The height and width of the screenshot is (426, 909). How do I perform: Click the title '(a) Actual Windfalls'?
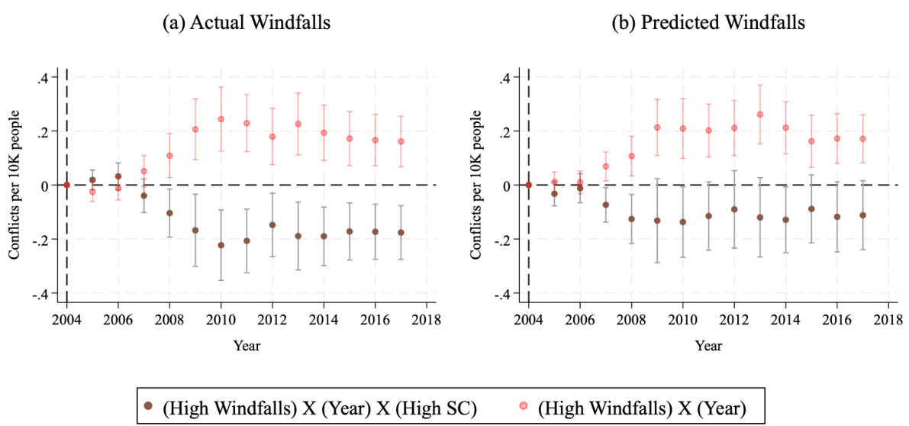[246, 23]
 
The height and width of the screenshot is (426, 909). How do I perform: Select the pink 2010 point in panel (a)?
[221, 119]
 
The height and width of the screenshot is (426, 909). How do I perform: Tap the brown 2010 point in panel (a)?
[221, 245]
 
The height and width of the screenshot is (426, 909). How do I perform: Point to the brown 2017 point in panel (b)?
[863, 215]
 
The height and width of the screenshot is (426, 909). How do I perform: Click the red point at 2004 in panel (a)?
[67, 185]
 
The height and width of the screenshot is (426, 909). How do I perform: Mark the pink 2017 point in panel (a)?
[401, 141]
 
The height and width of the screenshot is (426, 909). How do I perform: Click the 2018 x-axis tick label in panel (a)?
[427, 320]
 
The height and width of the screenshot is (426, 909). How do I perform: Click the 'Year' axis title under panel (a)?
[247, 346]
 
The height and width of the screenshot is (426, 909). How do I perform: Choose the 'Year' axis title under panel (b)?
[709, 346]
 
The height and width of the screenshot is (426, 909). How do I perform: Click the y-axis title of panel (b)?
[478, 185]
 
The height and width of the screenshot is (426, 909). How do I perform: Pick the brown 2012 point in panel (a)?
[272, 225]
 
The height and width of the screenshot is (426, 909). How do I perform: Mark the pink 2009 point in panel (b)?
[656, 127]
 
